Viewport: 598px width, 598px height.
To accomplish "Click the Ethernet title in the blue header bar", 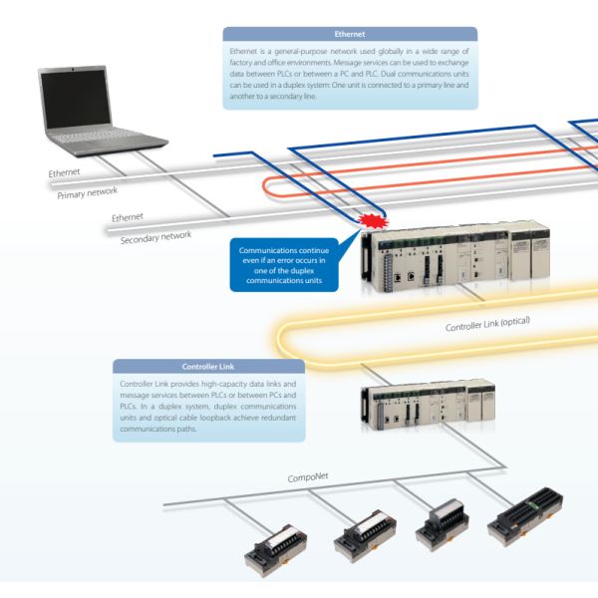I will pyautogui.click(x=350, y=34).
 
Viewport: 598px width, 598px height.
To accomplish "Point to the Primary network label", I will pyautogui.click(x=87, y=191).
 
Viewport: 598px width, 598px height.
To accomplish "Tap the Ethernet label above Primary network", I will pyautogui.click(x=65, y=172).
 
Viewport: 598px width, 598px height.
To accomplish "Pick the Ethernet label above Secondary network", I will pyautogui.click(x=128, y=216).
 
